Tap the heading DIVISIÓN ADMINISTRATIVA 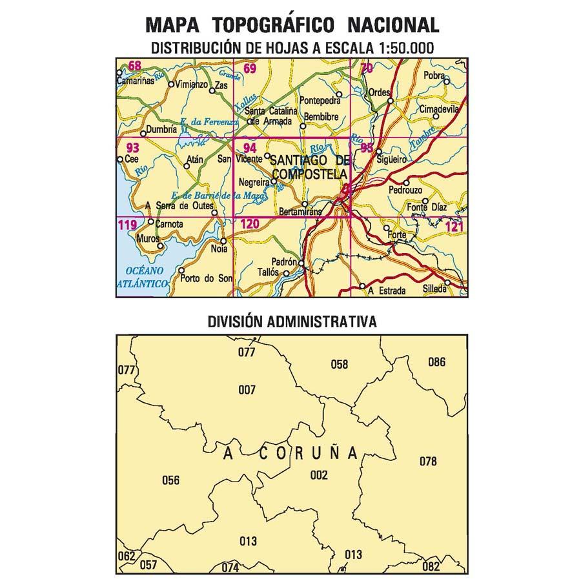coord(292,321)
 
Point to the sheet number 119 coord(127,225)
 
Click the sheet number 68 coord(134,65)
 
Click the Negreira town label coord(254,182)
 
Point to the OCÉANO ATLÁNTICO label coord(143,276)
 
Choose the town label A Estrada coord(387,290)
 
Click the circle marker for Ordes coord(390,100)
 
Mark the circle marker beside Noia coord(223,241)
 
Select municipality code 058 coord(339,365)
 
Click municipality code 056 coord(170,480)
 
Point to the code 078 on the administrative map coord(428,462)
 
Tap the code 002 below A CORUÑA coord(319,476)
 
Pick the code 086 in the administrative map coord(436,362)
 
